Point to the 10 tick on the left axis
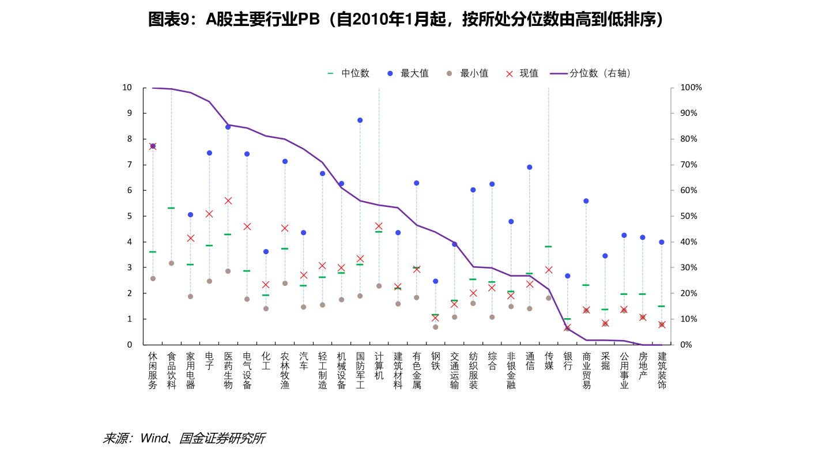127,88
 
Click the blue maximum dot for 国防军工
360,120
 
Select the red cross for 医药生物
228,201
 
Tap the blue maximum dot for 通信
530,167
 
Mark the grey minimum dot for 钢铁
436,327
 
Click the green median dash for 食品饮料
171,208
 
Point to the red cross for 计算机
379,226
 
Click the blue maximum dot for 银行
567,276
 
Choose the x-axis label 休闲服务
153,370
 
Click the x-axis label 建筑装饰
662,370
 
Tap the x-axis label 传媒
549,361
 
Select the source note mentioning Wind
183,439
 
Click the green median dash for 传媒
549,247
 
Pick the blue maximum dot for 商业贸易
586,201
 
